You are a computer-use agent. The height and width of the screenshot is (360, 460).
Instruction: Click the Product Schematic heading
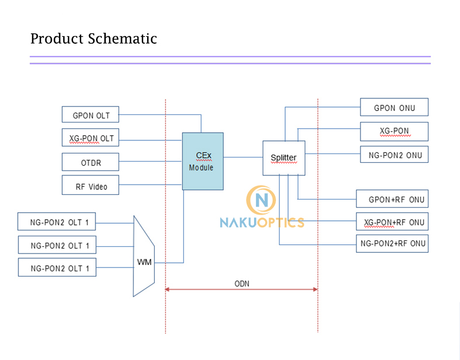pyautogui.click(x=93, y=39)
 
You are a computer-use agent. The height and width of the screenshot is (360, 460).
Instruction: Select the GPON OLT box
pyautogui.click(x=90, y=114)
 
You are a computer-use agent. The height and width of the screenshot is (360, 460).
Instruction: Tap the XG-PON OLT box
pyautogui.click(x=90, y=138)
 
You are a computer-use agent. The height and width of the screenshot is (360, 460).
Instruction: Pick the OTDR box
pyautogui.click(x=90, y=162)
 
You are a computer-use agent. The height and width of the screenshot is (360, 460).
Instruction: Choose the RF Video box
pyautogui.click(x=90, y=186)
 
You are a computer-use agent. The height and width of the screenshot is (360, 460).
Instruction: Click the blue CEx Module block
pyautogui.click(x=202, y=161)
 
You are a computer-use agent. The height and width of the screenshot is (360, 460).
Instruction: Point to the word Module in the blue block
pyautogui.click(x=201, y=168)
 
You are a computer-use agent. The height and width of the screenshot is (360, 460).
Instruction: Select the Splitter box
pyautogui.click(x=283, y=158)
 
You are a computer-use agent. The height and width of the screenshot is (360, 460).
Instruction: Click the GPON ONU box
pyautogui.click(x=394, y=108)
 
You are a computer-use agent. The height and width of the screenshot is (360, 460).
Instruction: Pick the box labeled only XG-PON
pyautogui.click(x=394, y=131)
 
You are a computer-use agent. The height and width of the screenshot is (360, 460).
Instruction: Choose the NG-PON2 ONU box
pyautogui.click(x=394, y=155)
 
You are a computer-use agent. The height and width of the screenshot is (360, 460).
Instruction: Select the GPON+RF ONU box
pyautogui.click(x=392, y=199)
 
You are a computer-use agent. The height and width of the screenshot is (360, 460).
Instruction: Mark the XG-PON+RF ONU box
pyautogui.click(x=392, y=222)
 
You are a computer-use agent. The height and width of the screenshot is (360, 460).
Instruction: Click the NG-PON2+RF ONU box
pyautogui.click(x=392, y=243)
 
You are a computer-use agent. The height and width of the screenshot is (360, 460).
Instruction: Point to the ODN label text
pyautogui.click(x=241, y=284)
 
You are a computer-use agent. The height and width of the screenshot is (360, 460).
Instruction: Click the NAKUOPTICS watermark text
pyautogui.click(x=262, y=222)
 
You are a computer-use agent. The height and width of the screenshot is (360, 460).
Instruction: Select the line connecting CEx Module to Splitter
pyautogui.click(x=243, y=157)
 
